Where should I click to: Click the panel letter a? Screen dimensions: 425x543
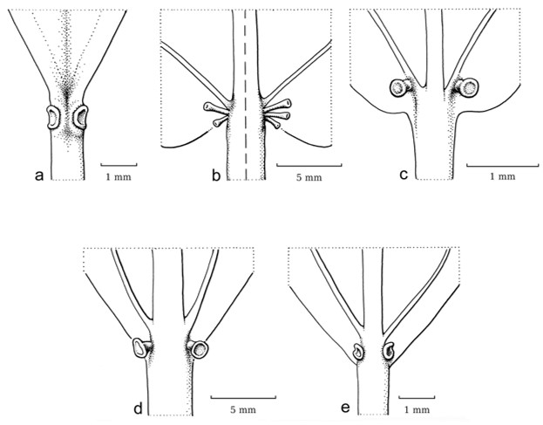(38, 175)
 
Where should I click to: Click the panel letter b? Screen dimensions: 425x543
(215, 175)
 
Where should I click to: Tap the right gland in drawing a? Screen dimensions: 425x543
(83, 116)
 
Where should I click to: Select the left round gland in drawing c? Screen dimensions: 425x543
(401, 87)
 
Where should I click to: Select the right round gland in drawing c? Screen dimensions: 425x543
(470, 87)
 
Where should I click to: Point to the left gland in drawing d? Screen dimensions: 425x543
(139, 348)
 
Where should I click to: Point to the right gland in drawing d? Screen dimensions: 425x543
(200, 349)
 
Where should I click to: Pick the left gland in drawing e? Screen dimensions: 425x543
(358, 353)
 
